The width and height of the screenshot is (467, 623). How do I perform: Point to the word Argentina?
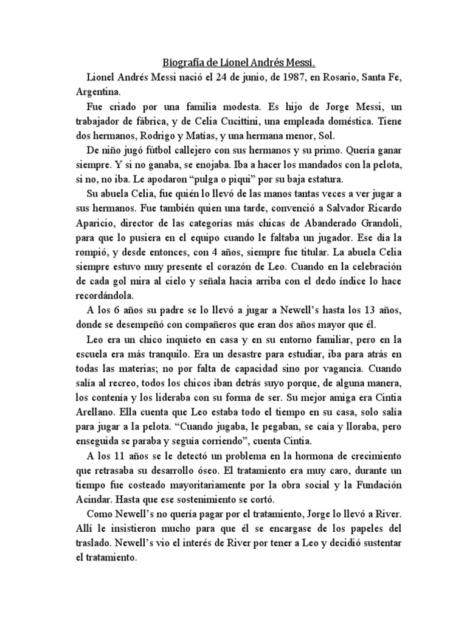98,92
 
